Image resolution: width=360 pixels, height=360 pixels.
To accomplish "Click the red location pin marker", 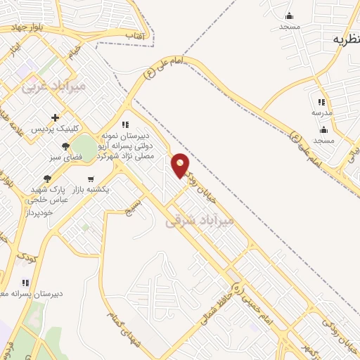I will (x=181, y=165).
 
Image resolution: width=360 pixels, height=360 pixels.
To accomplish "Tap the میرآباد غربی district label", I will (x=53, y=86).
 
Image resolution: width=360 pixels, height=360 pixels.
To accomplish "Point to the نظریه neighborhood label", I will (x=341, y=39).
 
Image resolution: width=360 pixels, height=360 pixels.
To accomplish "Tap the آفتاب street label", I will (x=134, y=35).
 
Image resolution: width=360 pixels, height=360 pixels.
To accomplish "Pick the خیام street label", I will (x=75, y=51).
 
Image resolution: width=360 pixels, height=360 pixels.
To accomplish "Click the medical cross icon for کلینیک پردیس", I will (x=55, y=117).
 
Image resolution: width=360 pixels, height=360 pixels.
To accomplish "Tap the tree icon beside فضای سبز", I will (x=65, y=147).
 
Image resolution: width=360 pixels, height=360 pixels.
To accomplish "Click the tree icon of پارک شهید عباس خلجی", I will (x=47, y=179).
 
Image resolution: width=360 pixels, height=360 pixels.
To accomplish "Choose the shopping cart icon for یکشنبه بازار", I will (x=91, y=179).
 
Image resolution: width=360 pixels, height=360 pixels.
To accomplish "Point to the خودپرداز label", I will (x=43, y=212).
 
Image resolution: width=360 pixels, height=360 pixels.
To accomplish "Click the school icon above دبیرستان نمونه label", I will (x=126, y=124).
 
